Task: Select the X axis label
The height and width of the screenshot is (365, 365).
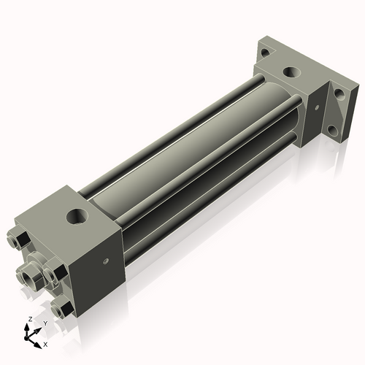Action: coord(46,343)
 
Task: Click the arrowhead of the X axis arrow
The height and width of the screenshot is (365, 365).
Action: coord(40,341)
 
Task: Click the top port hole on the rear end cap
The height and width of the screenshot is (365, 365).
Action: coord(291,73)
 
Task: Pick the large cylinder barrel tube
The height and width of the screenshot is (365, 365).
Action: coord(182,146)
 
